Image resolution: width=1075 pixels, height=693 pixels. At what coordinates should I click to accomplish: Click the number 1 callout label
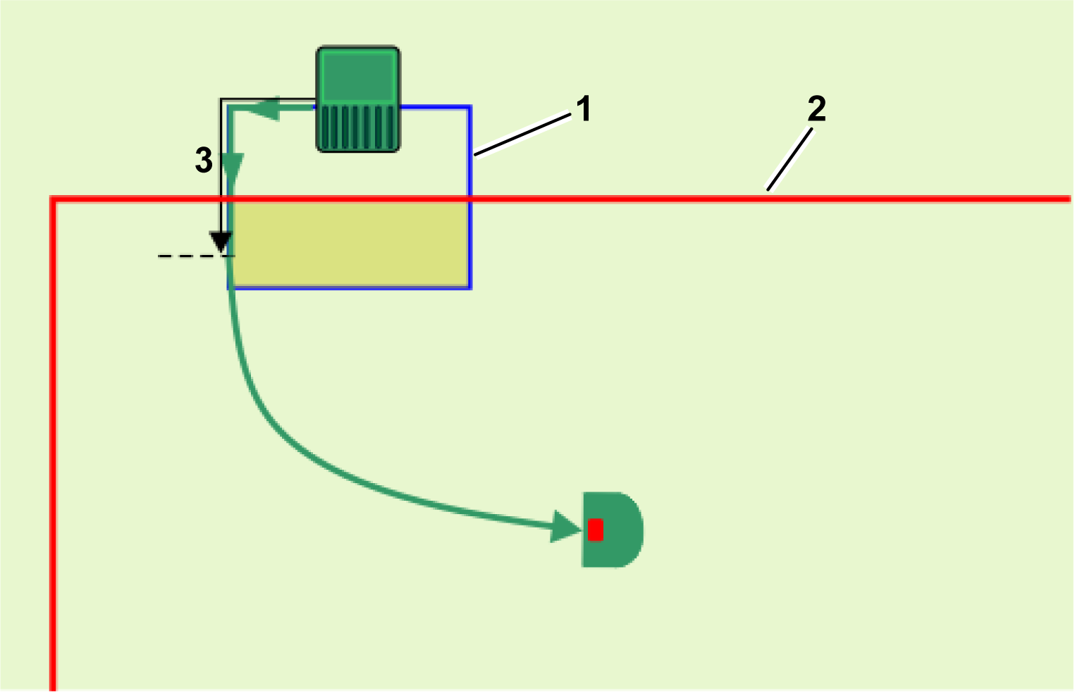[x=584, y=110]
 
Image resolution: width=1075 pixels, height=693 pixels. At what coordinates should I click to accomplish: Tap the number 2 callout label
[x=816, y=109]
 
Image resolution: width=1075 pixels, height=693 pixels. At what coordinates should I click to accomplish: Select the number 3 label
[x=204, y=161]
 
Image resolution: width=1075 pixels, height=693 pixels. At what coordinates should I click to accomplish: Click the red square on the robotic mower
[x=596, y=530]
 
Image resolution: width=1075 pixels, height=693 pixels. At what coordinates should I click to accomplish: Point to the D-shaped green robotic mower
[x=612, y=530]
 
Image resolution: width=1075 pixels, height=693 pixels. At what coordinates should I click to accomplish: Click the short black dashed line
[x=187, y=256]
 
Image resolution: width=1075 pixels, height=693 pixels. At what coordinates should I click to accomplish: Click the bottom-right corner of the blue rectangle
[x=469, y=287]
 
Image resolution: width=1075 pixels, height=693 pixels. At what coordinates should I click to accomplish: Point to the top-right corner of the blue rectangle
[x=469, y=108]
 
